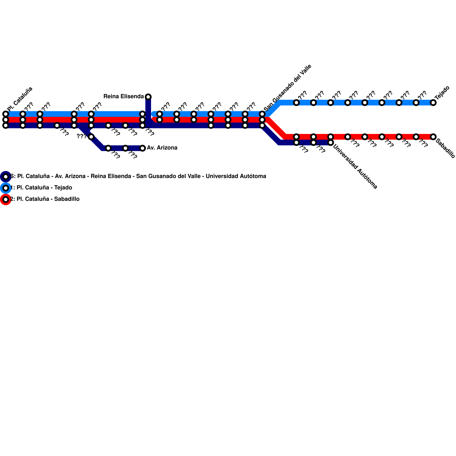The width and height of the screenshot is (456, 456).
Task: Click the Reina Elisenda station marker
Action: click(148, 97)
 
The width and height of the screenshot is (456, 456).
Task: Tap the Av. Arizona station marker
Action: click(142, 148)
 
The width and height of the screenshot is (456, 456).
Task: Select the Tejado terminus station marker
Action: click(433, 103)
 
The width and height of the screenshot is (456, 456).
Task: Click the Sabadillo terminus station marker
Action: click(433, 137)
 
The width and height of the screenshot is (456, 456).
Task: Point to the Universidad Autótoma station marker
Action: click(331, 142)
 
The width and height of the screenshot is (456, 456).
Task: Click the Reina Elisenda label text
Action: click(123, 97)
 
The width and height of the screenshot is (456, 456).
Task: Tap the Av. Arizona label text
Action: click(162, 148)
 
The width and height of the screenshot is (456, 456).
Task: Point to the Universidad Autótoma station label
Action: click(355, 167)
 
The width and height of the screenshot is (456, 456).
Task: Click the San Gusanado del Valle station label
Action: click(288, 88)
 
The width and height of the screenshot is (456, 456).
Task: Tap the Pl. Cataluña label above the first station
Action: click(20, 99)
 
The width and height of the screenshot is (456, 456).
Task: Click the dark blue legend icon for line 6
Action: click(6, 177)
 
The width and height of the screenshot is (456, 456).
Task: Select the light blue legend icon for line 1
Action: click(6, 188)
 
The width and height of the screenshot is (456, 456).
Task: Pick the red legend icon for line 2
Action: click(6, 199)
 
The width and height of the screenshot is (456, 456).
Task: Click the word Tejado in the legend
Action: click(63, 188)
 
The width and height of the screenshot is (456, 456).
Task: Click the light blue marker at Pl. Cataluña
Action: click(6, 114)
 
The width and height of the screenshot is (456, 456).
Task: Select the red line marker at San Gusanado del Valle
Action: click(262, 120)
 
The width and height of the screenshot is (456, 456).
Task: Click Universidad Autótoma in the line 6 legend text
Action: click(236, 176)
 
